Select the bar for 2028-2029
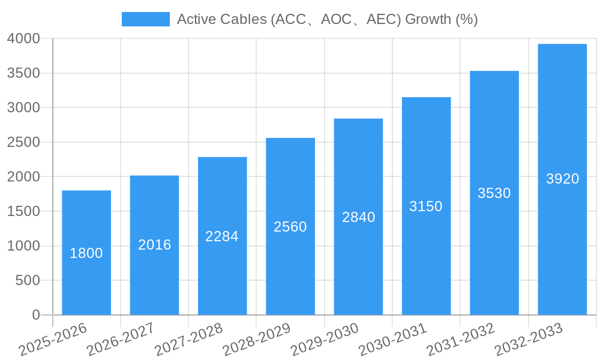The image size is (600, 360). coord(290,270)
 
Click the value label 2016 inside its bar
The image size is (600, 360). coord(155,245)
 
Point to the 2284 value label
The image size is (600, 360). coord(222,236)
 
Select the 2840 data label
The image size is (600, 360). coord(358,217)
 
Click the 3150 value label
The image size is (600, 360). coord(426,206)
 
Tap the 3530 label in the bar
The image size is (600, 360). coord(494,193)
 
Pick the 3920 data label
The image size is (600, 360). coord(562,179)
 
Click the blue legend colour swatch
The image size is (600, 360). coord(145,19)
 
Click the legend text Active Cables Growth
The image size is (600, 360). coord(327,19)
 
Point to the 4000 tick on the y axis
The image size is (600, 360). coord(23,39)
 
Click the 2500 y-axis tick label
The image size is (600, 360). coord(23,143)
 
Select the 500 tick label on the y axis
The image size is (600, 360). coord(28,281)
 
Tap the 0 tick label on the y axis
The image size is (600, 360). coord(35,315)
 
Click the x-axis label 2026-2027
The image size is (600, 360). coord(121,340)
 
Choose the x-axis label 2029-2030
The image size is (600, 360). coord(325,340)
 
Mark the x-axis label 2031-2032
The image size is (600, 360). coord(460,340)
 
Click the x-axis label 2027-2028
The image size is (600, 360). coord(188,340)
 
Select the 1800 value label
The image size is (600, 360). coord(86,253)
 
